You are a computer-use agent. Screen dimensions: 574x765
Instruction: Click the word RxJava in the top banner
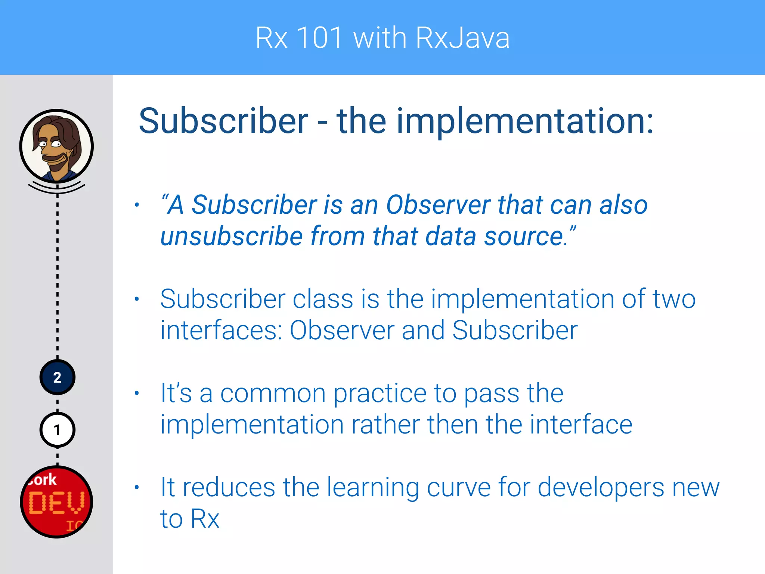(462, 38)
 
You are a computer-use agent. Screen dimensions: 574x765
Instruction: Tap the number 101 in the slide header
(319, 38)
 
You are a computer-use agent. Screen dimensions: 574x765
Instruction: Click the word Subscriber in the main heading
(223, 121)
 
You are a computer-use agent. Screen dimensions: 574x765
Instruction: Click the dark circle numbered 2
(57, 377)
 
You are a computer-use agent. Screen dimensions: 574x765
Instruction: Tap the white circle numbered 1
(57, 430)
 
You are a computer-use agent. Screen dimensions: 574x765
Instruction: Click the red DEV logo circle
(56, 502)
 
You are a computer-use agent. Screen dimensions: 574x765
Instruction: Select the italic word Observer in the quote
(438, 205)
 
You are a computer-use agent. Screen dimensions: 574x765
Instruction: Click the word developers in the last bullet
(601, 488)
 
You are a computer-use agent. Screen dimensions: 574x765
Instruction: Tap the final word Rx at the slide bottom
(205, 519)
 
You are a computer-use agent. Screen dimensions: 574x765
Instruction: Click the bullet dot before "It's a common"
(137, 393)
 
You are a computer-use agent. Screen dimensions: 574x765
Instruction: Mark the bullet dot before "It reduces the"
(137, 487)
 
